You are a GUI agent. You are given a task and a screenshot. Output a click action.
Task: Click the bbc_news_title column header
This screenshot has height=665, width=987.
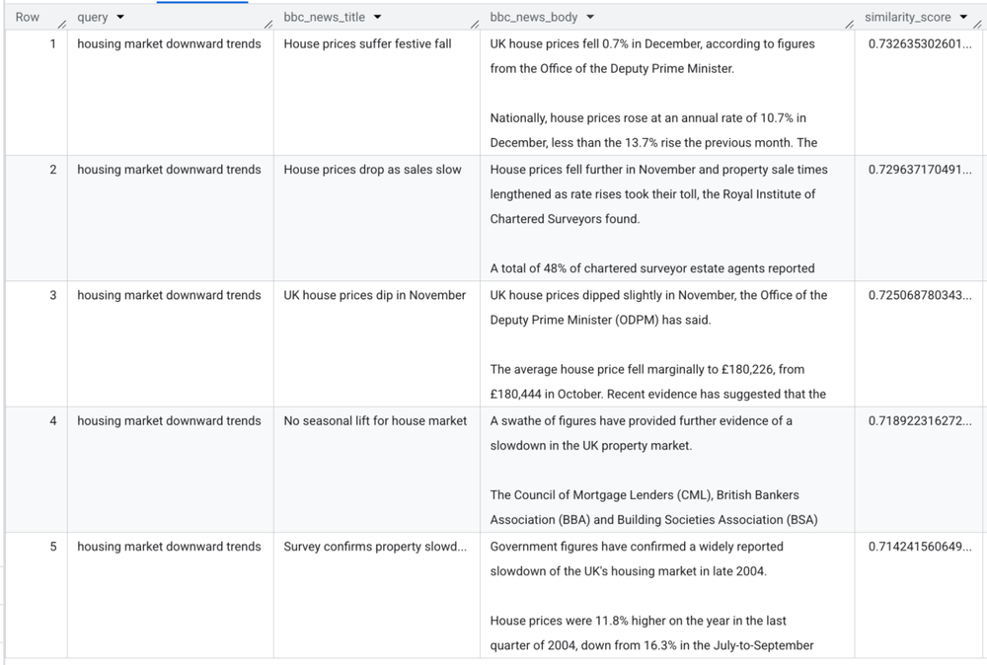tap(324, 18)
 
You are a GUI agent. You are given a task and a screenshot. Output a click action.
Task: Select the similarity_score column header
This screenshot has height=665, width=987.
tap(908, 18)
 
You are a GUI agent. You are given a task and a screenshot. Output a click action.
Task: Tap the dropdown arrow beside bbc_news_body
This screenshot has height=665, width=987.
tap(589, 18)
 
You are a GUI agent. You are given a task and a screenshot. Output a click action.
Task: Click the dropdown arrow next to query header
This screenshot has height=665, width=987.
tap(120, 18)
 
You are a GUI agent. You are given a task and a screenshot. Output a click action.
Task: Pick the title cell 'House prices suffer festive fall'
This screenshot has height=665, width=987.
tap(367, 44)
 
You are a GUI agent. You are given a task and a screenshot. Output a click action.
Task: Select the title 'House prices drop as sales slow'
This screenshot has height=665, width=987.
tap(372, 170)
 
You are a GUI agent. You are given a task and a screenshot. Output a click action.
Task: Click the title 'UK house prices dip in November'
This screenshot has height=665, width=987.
tap(374, 295)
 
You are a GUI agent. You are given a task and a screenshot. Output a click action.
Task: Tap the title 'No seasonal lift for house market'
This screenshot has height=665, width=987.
tap(375, 420)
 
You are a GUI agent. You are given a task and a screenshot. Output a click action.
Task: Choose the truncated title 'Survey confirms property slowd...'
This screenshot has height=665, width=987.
tap(375, 547)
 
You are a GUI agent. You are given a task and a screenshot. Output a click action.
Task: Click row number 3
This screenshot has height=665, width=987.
tap(53, 295)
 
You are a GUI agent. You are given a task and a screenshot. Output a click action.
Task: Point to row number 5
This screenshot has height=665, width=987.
tap(53, 547)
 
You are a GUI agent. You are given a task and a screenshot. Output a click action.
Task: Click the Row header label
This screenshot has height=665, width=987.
tap(28, 18)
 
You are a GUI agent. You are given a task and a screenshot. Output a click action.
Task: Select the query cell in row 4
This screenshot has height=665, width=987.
tap(169, 420)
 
